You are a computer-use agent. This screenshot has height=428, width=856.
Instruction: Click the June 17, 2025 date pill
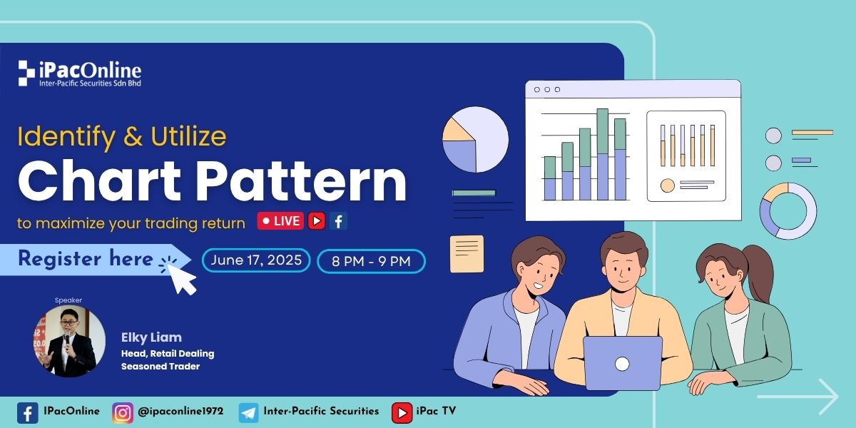256,260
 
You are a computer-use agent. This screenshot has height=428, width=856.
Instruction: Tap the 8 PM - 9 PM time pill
371,261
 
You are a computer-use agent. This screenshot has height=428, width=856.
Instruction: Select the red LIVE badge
280,221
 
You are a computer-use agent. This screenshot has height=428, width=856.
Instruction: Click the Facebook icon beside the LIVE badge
339,221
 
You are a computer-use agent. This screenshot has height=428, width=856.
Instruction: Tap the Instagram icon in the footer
123,413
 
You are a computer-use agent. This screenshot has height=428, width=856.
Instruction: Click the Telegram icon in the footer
249,413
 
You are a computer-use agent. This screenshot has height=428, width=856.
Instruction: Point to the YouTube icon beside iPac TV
402,413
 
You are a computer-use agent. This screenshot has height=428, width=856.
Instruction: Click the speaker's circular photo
69,341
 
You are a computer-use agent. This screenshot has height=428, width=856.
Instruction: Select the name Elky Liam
151,337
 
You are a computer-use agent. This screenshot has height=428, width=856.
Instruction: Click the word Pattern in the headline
303,180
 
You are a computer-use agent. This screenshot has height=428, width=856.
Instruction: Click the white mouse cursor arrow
181,279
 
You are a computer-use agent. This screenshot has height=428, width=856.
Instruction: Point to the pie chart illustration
475,140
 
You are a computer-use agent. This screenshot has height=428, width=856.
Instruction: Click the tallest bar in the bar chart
603,154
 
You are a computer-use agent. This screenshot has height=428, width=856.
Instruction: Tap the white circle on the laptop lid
622,364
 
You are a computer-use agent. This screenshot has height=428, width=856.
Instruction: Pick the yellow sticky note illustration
467,254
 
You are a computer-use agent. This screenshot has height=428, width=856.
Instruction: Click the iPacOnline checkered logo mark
26,73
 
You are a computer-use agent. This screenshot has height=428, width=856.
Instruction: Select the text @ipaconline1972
180,411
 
